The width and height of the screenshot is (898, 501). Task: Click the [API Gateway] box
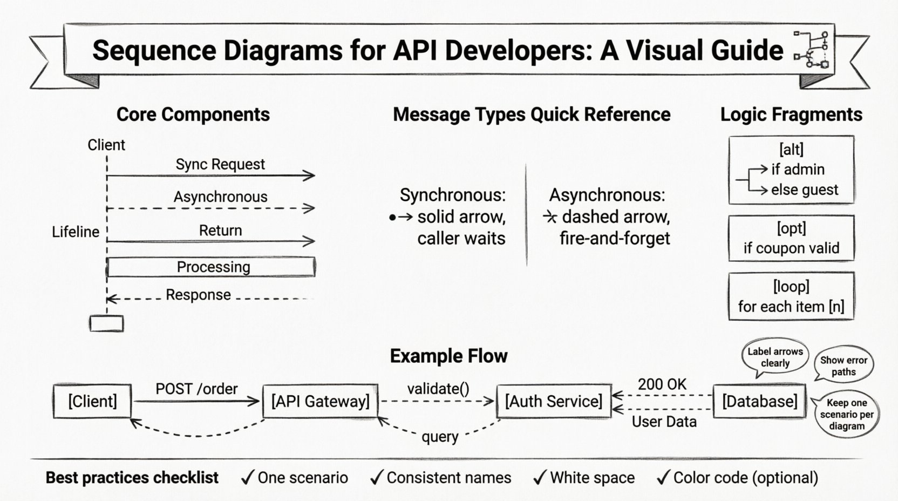point(320,401)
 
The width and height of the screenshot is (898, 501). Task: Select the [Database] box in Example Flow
point(759,401)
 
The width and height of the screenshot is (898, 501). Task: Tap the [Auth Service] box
point(554,401)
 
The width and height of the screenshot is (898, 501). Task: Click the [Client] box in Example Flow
point(92,401)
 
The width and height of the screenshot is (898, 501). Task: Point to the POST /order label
point(196,389)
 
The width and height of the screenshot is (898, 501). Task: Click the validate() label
point(438,389)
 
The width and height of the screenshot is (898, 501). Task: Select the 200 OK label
point(662,384)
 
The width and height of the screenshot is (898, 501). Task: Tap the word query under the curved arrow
point(440,436)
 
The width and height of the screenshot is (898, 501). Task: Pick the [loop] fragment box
point(791,296)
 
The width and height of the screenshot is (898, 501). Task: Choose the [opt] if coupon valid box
point(791,238)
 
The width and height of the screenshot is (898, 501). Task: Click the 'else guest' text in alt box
point(805,190)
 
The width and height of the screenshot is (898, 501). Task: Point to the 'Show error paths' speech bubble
point(843,365)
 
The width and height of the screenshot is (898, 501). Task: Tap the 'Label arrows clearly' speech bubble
point(775,357)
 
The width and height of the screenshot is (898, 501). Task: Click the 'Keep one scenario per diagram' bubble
point(846,414)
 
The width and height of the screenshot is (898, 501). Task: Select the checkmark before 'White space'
point(540,477)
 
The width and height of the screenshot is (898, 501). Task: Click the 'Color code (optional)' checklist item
point(745,478)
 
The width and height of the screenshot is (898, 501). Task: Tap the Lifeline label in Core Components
point(76,232)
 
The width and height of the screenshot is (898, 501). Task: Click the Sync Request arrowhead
point(310,175)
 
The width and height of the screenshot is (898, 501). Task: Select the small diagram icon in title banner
point(813,50)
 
